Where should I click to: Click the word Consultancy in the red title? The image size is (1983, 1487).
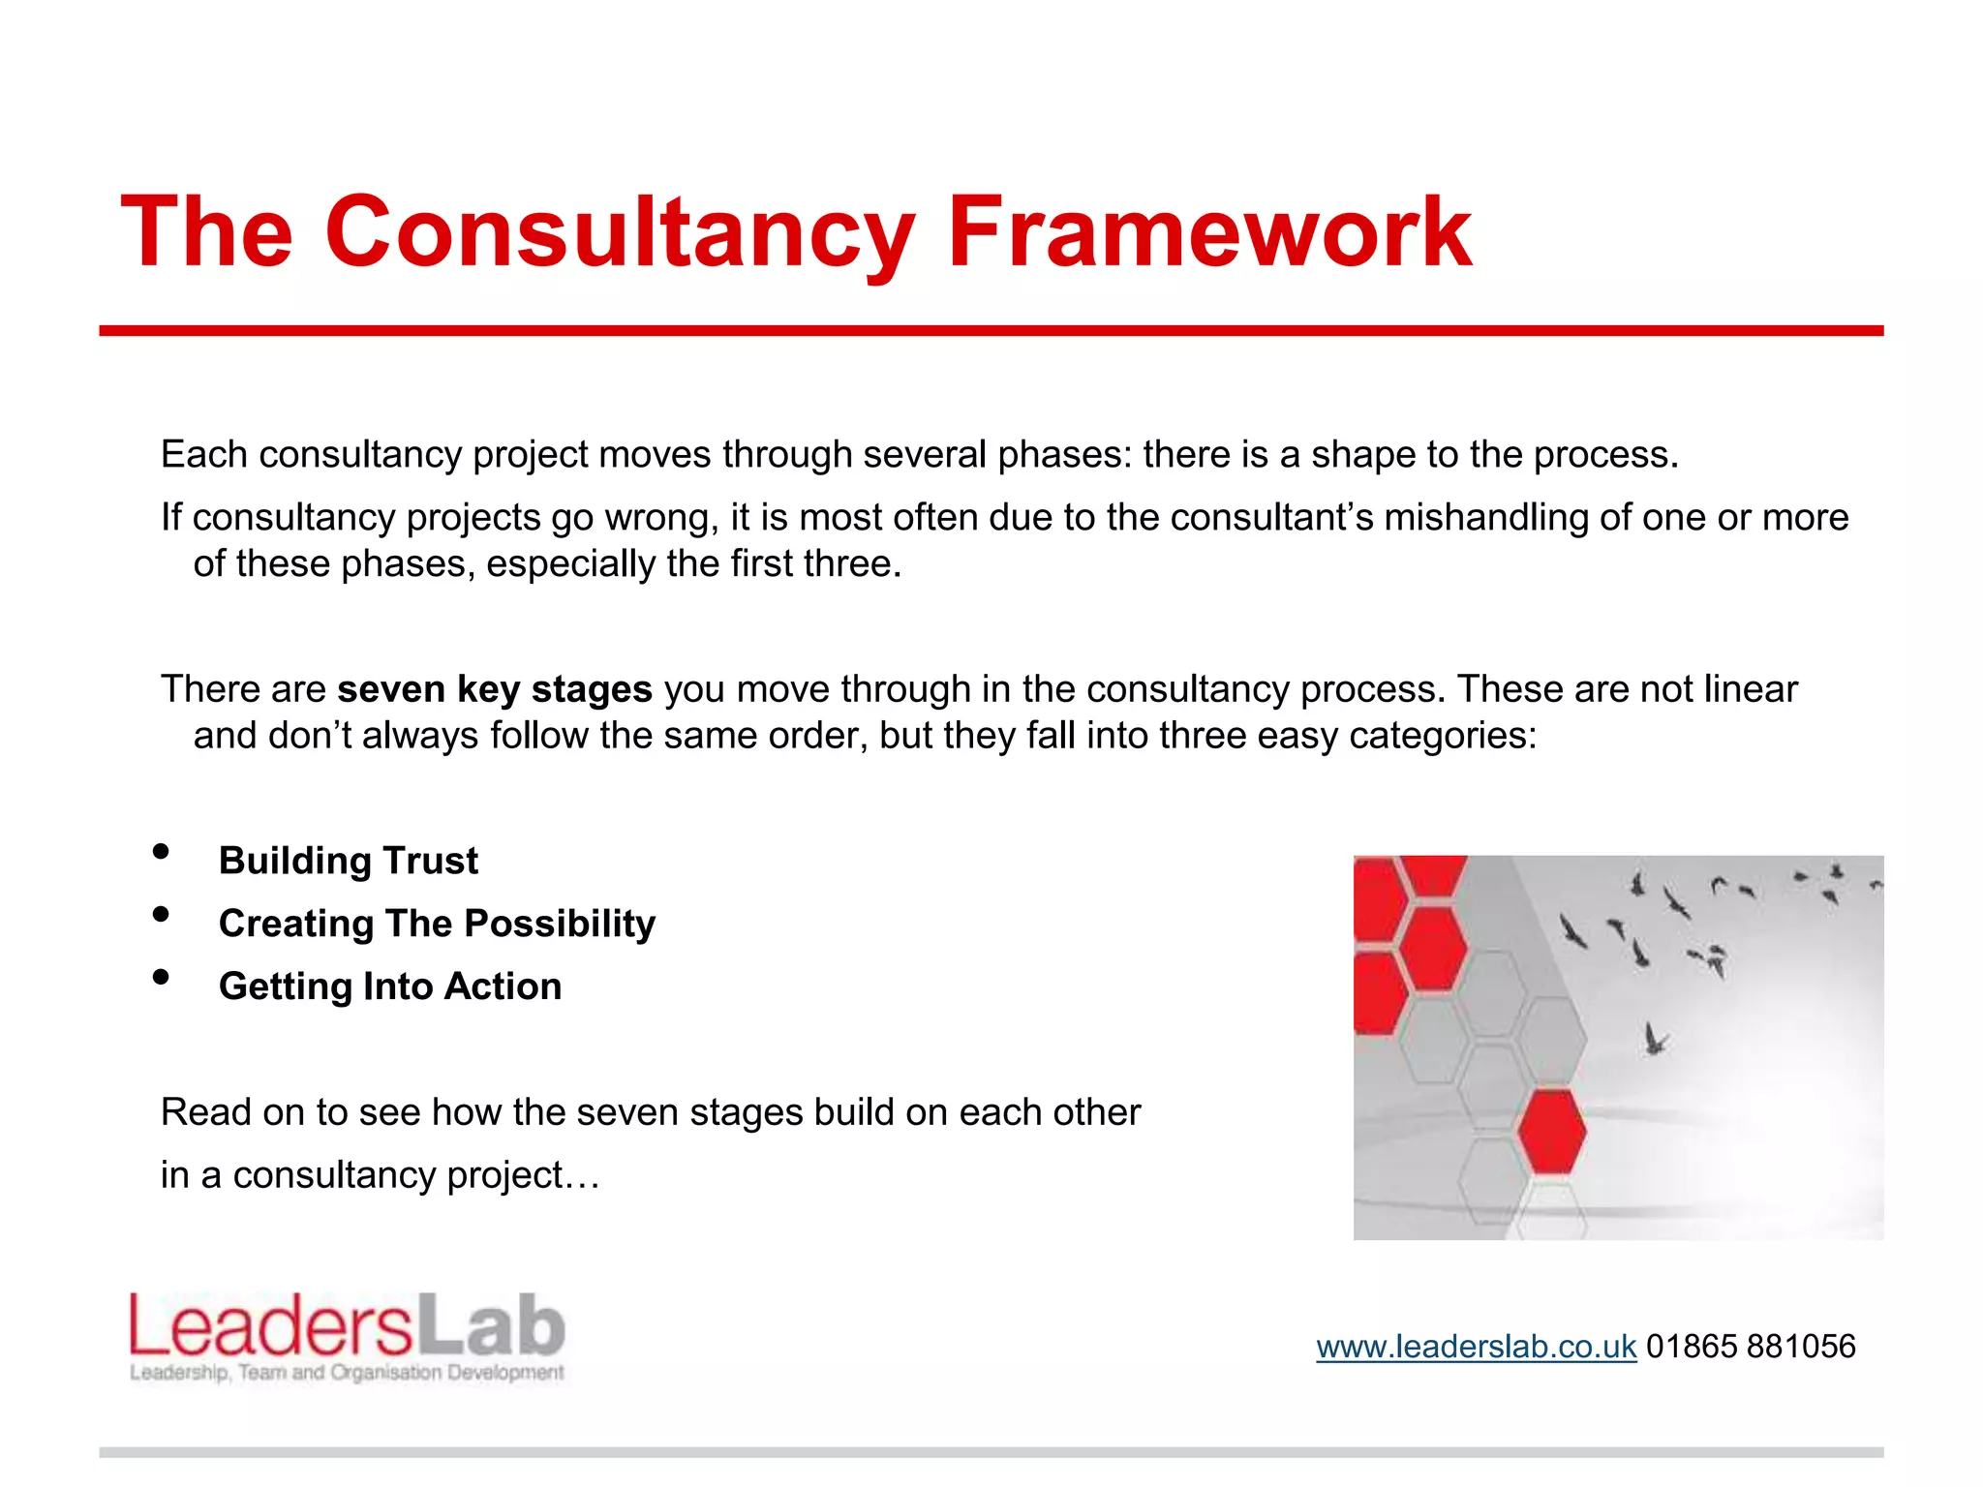[620, 232]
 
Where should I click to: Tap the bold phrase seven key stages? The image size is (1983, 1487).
[494, 689]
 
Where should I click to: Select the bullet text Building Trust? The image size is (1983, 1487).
[349, 861]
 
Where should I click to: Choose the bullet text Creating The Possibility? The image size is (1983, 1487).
[437, 924]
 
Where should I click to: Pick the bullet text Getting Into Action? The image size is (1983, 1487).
[390, 986]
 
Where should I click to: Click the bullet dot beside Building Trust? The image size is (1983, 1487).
[161, 852]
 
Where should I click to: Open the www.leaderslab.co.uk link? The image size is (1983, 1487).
[1476, 1347]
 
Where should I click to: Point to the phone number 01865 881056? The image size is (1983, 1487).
[1751, 1347]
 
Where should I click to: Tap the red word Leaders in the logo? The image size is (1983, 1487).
[271, 1326]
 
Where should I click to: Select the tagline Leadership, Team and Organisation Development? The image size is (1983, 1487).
[347, 1373]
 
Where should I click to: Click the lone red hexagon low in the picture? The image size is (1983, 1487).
[1552, 1131]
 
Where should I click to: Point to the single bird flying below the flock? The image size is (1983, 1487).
[1656, 1040]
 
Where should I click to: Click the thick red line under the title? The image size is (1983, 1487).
[991, 331]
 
